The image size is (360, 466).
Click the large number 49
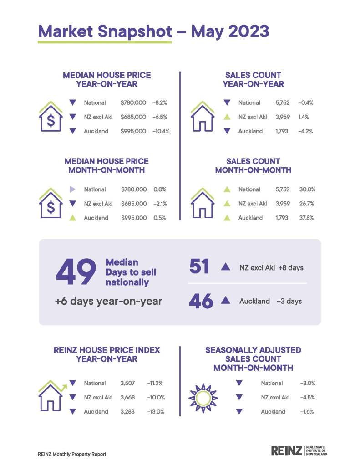pyautogui.click(x=76, y=272)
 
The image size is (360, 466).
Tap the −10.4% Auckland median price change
pyautogui.click(x=161, y=131)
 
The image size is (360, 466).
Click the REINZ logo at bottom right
pyautogui.click(x=299, y=451)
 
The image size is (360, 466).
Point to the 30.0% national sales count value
pyautogui.click(x=307, y=189)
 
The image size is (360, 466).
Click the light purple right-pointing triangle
pyautogui.click(x=72, y=189)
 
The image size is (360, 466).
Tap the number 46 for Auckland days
pyautogui.click(x=200, y=301)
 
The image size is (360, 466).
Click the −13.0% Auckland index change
pyautogui.click(x=155, y=412)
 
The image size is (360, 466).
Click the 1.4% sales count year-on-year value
pyautogui.click(x=304, y=117)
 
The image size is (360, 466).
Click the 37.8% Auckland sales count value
pyautogui.click(x=307, y=218)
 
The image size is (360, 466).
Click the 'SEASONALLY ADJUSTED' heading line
pyautogui.click(x=253, y=350)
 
